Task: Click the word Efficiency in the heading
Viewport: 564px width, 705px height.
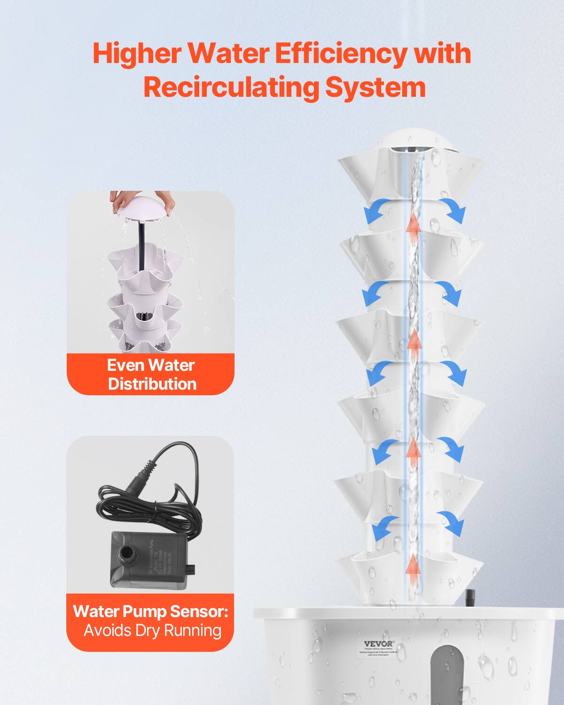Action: (339, 54)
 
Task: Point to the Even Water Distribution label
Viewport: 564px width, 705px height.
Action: (151, 375)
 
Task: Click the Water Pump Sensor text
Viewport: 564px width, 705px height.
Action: (150, 611)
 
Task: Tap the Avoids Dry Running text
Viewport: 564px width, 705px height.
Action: (152, 630)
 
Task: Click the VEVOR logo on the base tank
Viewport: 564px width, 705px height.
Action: (379, 644)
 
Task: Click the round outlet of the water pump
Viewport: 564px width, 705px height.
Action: (126, 551)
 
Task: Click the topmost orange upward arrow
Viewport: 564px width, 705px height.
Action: (414, 223)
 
